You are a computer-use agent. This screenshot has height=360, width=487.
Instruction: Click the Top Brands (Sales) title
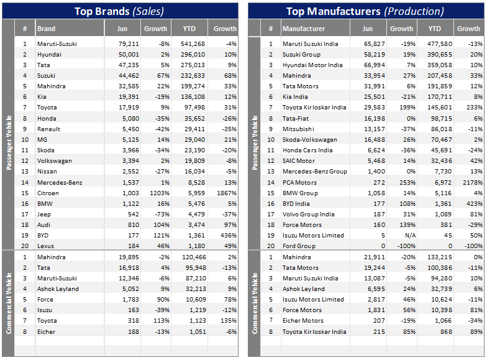tap(119, 11)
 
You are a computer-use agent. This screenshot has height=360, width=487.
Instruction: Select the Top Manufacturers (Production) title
tap(365, 11)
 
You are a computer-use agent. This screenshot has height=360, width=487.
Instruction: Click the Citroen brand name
tap(48, 193)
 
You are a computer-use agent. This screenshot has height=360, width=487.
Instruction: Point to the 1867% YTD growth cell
tap(225, 193)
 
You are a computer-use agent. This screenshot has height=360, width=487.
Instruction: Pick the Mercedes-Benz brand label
tap(58, 182)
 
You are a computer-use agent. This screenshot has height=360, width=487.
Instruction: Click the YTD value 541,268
tap(192, 44)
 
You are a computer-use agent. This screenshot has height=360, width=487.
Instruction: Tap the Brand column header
tap(46, 29)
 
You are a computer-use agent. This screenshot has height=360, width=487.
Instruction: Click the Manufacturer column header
tap(304, 29)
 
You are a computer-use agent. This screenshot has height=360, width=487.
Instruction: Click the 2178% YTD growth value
tap(468, 182)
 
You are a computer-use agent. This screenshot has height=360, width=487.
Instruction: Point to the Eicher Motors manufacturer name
tap(303, 321)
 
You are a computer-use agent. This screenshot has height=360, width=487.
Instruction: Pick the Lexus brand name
tap(46, 246)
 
